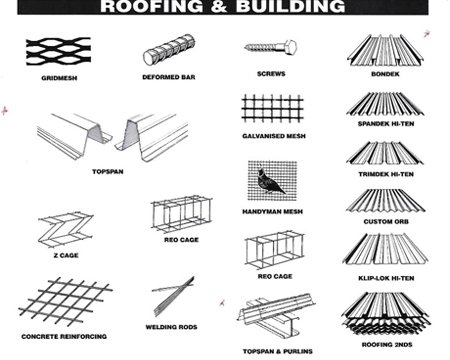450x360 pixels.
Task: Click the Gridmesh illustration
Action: (57, 48)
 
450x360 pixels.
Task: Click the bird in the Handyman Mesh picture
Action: (268, 180)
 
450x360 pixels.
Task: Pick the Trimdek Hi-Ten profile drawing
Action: (386, 150)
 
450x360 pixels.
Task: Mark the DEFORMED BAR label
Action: (167, 76)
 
